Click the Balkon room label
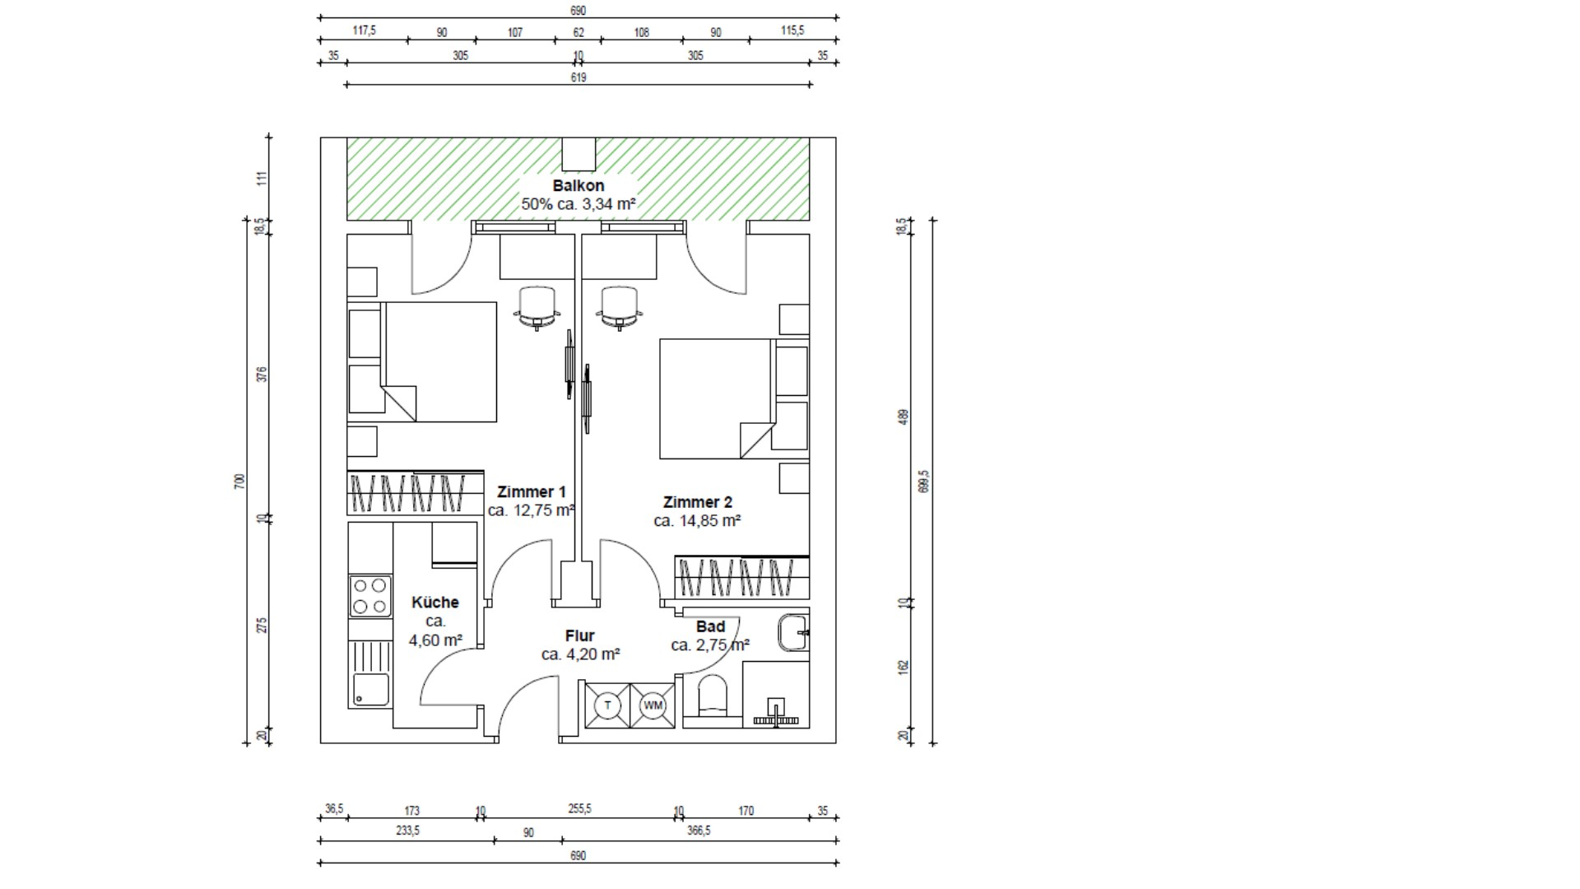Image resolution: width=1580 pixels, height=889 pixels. coord(579,186)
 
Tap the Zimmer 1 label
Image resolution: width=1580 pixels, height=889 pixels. coord(532,492)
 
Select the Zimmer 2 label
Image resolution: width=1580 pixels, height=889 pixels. coord(698,502)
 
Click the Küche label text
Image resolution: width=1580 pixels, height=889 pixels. coord(435,603)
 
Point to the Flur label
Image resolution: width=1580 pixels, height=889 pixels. coord(580,635)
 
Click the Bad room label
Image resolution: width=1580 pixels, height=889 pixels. coord(710,626)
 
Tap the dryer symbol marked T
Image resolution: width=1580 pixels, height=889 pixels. coord(608,705)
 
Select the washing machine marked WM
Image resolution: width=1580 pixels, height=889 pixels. coord(653,705)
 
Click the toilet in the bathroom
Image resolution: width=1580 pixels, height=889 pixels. coord(713,697)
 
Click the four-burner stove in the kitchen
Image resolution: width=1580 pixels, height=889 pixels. coord(369,597)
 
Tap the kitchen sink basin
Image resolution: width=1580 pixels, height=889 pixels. coord(371,689)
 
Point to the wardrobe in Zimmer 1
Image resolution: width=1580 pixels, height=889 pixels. coord(416,493)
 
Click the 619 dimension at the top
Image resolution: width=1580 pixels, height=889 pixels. coord(579,77)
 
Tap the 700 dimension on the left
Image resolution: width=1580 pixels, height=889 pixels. coord(239,482)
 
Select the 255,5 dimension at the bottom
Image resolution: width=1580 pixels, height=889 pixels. coord(579,809)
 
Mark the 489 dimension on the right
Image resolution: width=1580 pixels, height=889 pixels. coord(903,417)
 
